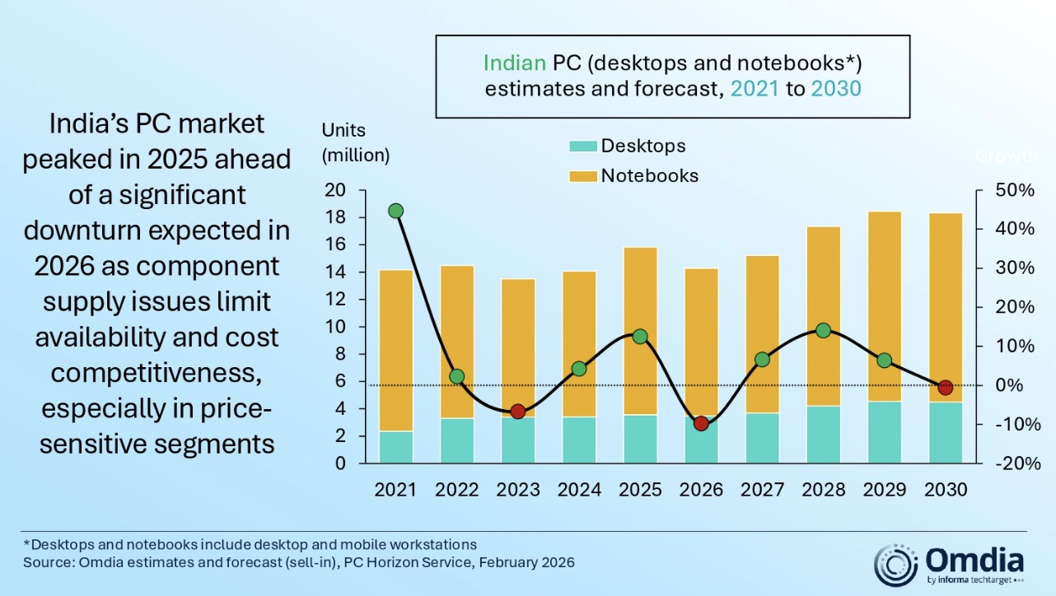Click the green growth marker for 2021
coord(396,211)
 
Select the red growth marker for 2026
coord(701,423)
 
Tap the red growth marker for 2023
coord(518,412)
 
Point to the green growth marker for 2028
coord(823,331)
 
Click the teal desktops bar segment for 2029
coord(884,432)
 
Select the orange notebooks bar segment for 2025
coord(640,330)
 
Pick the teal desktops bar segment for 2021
coord(396,447)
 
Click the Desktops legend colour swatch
coord(582,147)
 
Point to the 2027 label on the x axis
coord(762,489)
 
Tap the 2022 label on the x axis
coord(457,489)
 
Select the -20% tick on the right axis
coord(1014,463)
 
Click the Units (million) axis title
coord(356,142)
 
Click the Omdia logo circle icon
coord(896,565)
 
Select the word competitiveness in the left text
coord(157,372)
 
